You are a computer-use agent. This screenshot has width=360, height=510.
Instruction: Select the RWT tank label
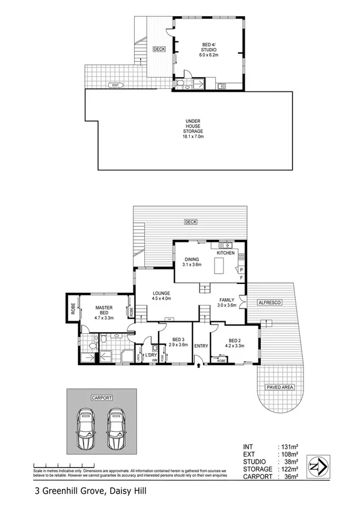tap(115, 86)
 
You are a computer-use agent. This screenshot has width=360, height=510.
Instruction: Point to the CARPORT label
tap(102, 398)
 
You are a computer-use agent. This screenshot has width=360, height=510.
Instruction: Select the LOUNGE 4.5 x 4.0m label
tap(161, 295)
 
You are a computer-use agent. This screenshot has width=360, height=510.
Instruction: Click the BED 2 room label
tap(235, 343)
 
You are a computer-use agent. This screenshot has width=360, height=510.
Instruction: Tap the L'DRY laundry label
tap(150, 355)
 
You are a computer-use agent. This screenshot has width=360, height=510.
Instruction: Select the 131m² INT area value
tap(291, 447)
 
